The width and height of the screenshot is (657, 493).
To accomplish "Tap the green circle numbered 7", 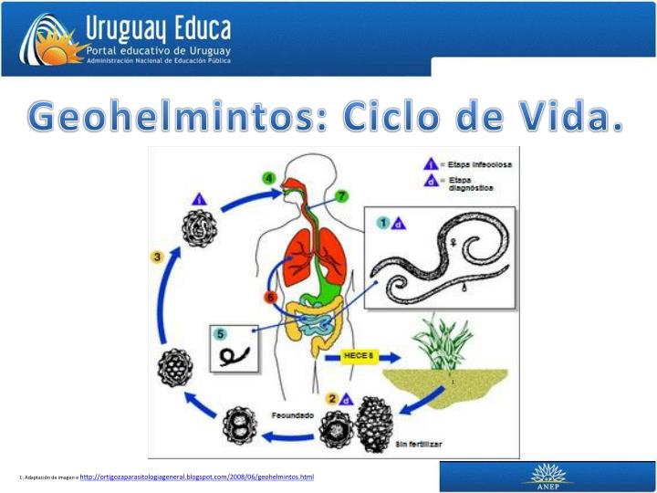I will (340, 196).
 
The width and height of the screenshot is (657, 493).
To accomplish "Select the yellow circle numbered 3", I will (157, 258).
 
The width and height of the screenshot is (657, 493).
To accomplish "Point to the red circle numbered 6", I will (270, 298).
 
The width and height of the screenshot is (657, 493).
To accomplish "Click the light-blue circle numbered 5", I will (220, 334).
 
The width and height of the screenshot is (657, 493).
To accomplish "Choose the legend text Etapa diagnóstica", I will (461, 184).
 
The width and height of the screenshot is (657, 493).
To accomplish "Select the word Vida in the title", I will (571, 117).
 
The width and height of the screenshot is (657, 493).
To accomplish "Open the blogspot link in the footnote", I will (197, 477).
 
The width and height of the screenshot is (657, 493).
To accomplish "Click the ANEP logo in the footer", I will (547, 477).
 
